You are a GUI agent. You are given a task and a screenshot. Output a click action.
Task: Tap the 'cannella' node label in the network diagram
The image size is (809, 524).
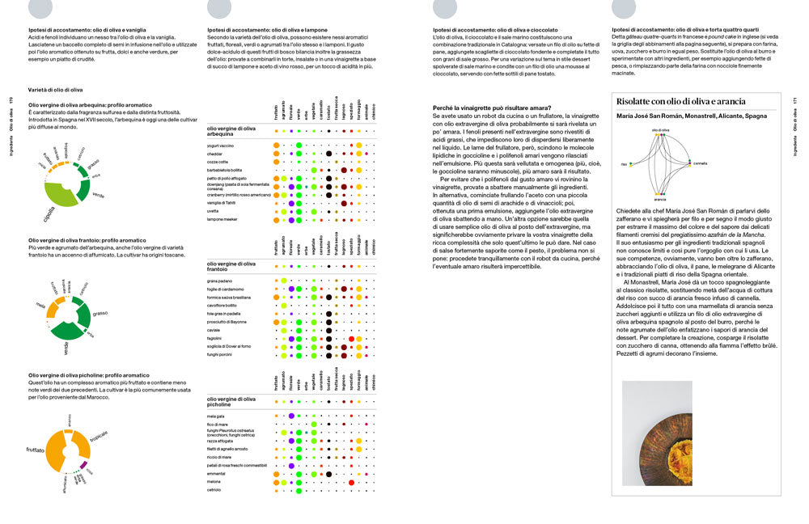tap(700, 163)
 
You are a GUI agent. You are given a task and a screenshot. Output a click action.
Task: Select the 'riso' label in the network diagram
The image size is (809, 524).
tap(624, 163)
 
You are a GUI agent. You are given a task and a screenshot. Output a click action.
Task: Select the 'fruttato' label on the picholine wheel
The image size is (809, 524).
tap(35, 450)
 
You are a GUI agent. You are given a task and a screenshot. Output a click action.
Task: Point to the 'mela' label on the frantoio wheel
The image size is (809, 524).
tap(40, 305)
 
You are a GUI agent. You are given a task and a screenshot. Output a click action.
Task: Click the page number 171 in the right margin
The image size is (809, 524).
tap(796, 101)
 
